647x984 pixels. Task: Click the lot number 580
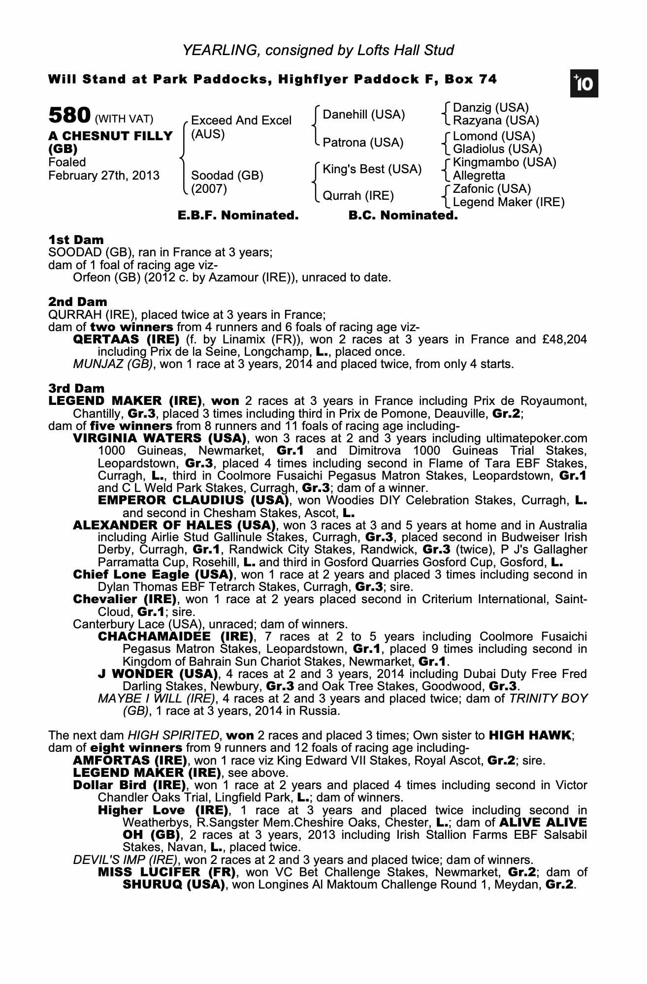click(69, 116)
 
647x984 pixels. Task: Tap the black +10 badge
click(584, 84)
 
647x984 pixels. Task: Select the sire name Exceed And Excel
click(241, 121)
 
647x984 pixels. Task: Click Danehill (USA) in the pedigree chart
click(363, 115)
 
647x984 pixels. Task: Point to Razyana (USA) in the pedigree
click(496, 121)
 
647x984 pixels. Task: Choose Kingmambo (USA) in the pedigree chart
click(504, 162)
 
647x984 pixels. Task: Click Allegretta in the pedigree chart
click(479, 175)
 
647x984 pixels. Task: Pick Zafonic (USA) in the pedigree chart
click(491, 189)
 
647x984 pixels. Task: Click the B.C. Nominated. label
click(403, 215)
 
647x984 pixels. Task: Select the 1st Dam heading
click(76, 240)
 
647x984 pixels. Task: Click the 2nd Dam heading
click(77, 302)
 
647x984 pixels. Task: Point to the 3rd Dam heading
click(76, 389)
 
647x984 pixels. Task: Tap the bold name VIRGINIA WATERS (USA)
click(160, 438)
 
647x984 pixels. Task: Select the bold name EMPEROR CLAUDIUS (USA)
click(193, 500)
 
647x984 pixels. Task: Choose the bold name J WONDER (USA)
click(158, 674)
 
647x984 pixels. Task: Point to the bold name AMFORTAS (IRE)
click(129, 760)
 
